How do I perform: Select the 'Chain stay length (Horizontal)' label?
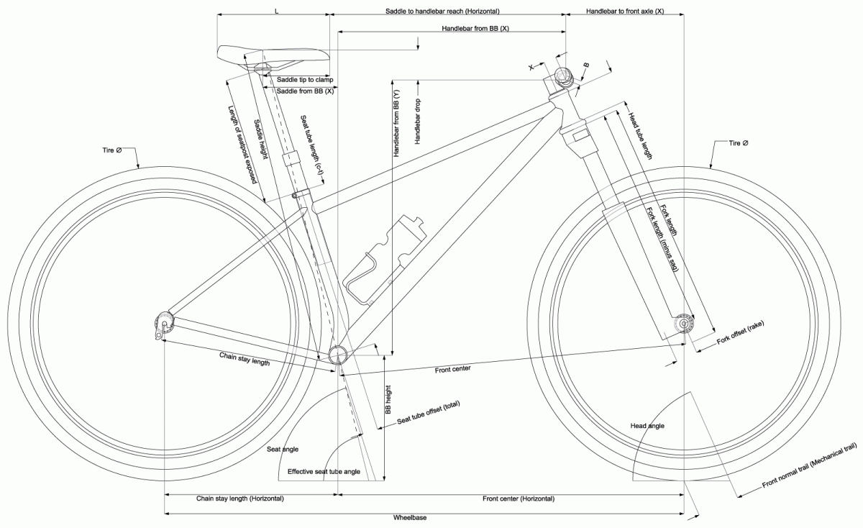(x=240, y=499)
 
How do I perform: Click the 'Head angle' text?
(x=647, y=426)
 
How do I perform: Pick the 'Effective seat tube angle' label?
(x=323, y=472)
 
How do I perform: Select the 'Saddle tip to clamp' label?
(x=304, y=79)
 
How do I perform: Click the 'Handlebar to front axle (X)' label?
(x=624, y=12)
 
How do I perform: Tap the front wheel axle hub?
(x=682, y=324)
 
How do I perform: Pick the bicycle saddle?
(x=273, y=54)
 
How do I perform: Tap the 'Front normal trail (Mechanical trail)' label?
(x=809, y=468)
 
